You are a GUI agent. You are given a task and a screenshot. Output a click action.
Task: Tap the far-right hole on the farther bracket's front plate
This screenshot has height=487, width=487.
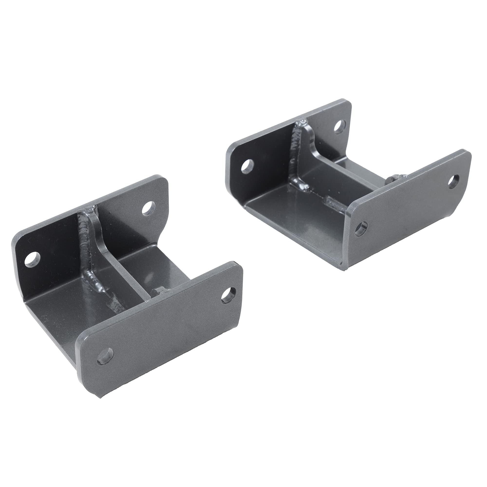click(x=454, y=181)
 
